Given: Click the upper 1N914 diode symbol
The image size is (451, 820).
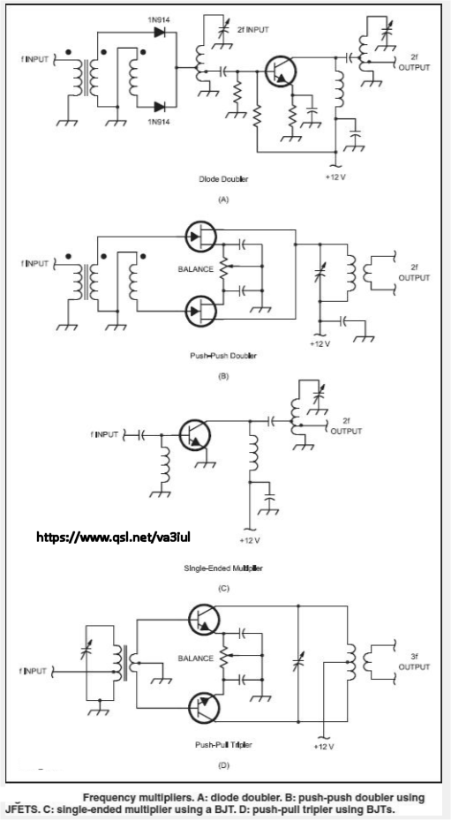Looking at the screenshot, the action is pyautogui.click(x=160, y=33).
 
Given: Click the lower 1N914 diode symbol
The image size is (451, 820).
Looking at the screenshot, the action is pyautogui.click(x=160, y=107).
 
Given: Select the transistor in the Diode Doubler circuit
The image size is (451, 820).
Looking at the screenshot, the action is pyautogui.click(x=281, y=71).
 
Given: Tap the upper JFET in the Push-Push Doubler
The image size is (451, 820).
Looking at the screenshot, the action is pyautogui.click(x=201, y=237).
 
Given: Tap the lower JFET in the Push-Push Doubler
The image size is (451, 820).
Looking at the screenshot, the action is pyautogui.click(x=201, y=312).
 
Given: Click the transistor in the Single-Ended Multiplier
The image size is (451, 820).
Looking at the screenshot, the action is pyautogui.click(x=195, y=434).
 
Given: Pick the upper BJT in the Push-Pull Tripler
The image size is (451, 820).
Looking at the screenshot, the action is pyautogui.click(x=204, y=620).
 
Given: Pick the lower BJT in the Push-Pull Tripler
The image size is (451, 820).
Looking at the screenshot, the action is pyautogui.click(x=204, y=708).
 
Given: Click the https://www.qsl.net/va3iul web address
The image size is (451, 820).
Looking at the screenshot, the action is pyautogui.click(x=113, y=536).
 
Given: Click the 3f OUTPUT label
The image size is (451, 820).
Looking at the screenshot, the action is pyautogui.click(x=415, y=663).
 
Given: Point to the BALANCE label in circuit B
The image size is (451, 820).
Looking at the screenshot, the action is pyautogui.click(x=196, y=269).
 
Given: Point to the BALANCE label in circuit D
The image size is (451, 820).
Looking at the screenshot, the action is pyautogui.click(x=196, y=658).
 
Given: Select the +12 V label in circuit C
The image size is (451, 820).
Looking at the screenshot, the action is pyautogui.click(x=250, y=540).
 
